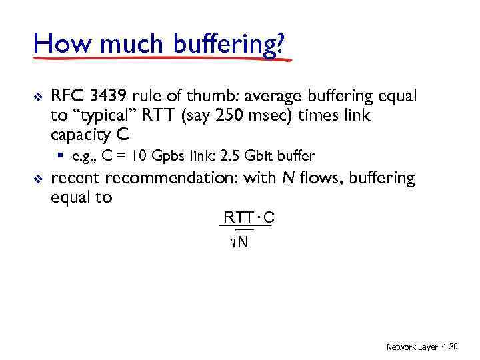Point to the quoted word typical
pyautogui.click(x=101, y=115)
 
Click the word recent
pyautogui.click(x=75, y=179)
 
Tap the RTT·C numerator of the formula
pyautogui.click(x=249, y=217)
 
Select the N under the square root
pyautogui.click(x=243, y=241)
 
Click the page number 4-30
pyautogui.click(x=449, y=347)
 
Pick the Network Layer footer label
pyautogui.click(x=412, y=347)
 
